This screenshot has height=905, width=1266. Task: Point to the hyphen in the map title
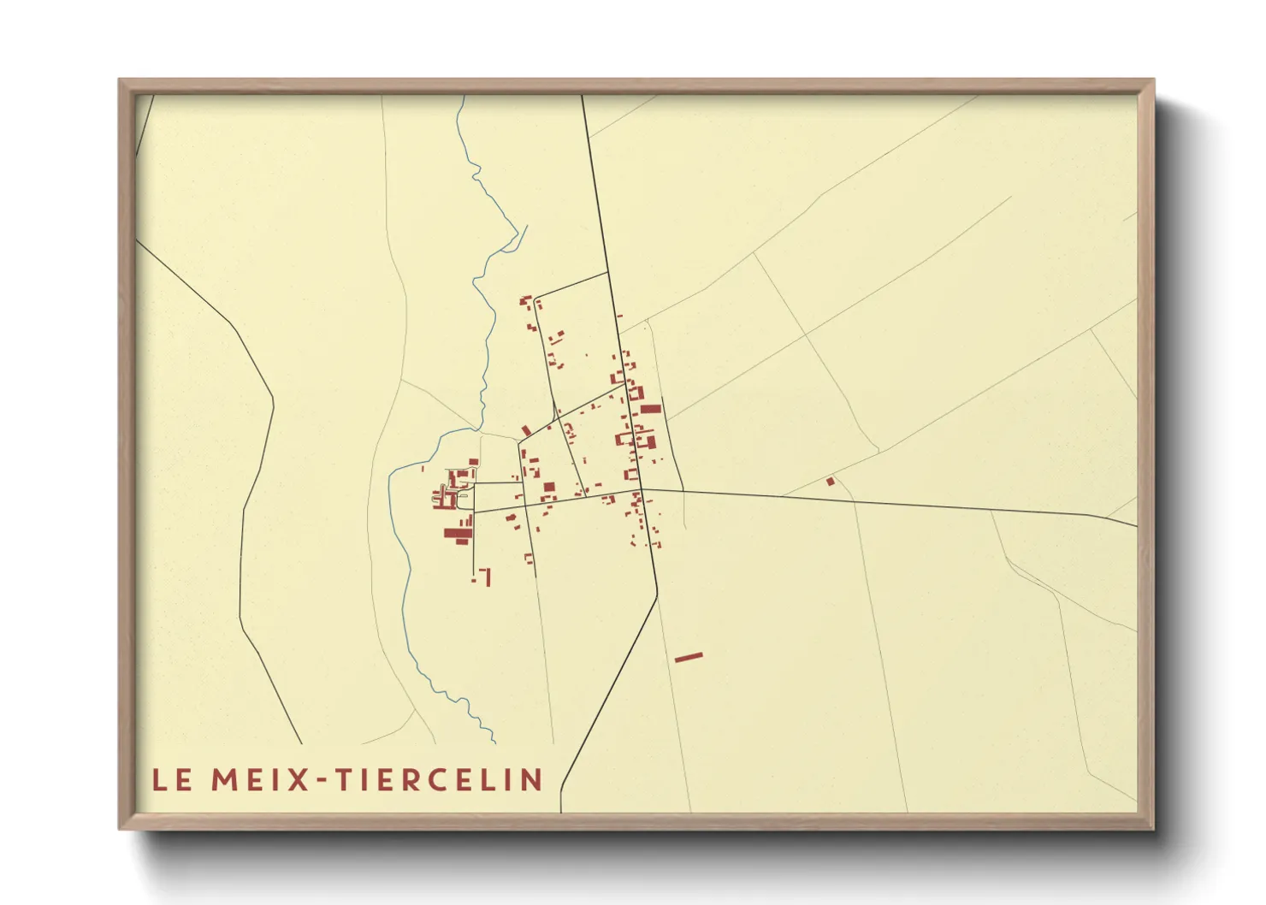coord(322,780)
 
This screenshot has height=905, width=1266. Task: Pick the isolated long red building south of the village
coord(689,657)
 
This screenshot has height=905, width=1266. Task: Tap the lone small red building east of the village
coord(830,482)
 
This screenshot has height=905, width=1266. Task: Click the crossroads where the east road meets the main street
coord(641,490)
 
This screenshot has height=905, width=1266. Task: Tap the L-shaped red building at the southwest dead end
coord(486,577)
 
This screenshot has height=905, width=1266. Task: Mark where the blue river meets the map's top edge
coord(464,96)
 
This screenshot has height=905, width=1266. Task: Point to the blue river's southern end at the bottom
coord(494,742)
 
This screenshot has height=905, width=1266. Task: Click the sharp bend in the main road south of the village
coord(657,594)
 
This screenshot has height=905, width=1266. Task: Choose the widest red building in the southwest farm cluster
coord(458,534)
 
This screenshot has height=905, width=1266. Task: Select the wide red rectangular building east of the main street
coord(651,409)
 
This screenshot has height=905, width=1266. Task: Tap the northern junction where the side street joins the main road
coord(607,272)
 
